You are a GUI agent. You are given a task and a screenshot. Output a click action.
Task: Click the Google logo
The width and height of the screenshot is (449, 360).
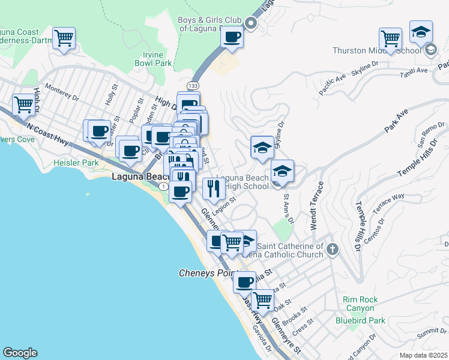pos(20,353)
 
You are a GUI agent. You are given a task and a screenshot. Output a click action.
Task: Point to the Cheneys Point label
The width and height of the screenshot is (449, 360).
pos(205,273)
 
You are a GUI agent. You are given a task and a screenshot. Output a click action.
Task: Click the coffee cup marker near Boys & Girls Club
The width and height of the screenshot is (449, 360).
pos(231,37)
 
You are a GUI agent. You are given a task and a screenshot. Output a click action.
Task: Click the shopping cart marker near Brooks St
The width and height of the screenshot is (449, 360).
pos(262,299)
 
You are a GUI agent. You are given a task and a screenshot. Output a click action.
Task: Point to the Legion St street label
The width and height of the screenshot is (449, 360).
pos(223,206)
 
